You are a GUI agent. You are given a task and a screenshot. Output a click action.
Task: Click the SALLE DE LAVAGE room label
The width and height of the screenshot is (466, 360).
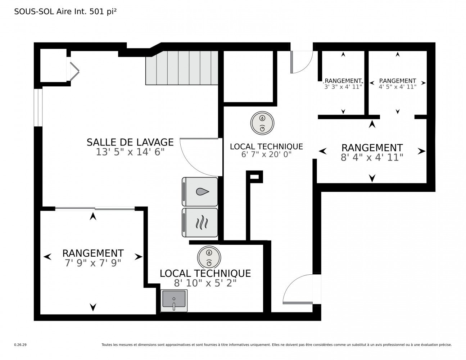point(130,142)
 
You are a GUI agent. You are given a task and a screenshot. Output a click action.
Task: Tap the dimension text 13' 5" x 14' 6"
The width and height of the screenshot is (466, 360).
point(130,152)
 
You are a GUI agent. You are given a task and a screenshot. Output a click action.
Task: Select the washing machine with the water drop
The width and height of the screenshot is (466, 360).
point(200,192)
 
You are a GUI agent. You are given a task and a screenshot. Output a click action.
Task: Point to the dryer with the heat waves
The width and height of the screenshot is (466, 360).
point(200,222)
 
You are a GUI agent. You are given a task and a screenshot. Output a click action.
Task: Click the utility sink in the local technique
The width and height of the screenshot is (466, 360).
point(174,301)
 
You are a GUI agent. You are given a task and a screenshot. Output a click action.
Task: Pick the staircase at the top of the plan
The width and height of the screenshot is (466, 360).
point(182,68)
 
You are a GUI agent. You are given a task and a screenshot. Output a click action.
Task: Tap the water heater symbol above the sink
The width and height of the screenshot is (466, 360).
point(209,257)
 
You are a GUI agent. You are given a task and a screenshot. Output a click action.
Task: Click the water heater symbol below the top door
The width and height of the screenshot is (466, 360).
point(262,123)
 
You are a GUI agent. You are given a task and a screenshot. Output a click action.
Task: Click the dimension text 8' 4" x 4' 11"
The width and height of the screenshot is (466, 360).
point(372,157)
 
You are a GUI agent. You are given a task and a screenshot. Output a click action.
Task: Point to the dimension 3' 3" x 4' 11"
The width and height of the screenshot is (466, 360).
point(343,87)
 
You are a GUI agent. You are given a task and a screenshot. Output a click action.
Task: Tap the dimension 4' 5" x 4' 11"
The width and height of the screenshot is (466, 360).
point(397,87)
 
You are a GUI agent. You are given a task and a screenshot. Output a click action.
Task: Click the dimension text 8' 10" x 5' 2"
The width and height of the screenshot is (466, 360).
point(205,283)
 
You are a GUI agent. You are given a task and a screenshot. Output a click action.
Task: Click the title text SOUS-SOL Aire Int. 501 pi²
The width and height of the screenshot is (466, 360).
point(65,12)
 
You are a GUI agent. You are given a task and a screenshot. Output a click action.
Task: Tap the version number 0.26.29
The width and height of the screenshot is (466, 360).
point(21,345)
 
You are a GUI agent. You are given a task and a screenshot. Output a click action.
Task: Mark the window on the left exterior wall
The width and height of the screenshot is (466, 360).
point(38,108)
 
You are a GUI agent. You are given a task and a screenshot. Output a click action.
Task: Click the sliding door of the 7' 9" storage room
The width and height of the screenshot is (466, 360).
point(95,208)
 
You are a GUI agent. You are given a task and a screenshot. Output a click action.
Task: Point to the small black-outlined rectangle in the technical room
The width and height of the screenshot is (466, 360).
point(254,176)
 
